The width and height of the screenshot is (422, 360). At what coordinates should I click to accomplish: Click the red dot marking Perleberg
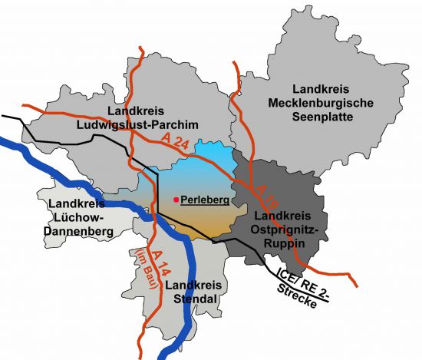pos(176,200)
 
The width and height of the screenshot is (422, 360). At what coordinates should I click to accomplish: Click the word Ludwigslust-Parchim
pos(159,125)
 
